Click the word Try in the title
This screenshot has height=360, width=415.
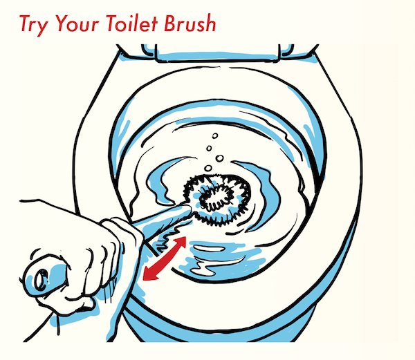[x=34, y=26]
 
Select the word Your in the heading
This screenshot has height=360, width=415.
[x=77, y=23]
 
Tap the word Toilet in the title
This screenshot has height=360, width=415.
[x=132, y=23]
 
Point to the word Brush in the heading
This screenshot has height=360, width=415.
[x=190, y=23]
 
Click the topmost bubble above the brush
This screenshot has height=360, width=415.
[x=215, y=136]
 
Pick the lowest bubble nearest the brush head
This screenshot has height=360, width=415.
[x=208, y=168]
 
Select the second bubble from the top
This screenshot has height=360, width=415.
[x=209, y=149]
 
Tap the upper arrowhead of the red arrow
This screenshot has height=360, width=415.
[x=181, y=242]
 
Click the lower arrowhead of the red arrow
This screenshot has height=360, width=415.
[x=148, y=274]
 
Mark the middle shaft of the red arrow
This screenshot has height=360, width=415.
[x=165, y=258]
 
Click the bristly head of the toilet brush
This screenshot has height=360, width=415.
[x=217, y=199]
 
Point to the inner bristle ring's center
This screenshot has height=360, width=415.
[x=216, y=198]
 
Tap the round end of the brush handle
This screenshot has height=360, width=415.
[x=41, y=281]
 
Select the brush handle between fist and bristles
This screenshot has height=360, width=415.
[x=161, y=215]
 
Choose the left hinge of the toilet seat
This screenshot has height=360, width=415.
[x=149, y=50]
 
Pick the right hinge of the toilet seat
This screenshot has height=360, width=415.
[x=286, y=50]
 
